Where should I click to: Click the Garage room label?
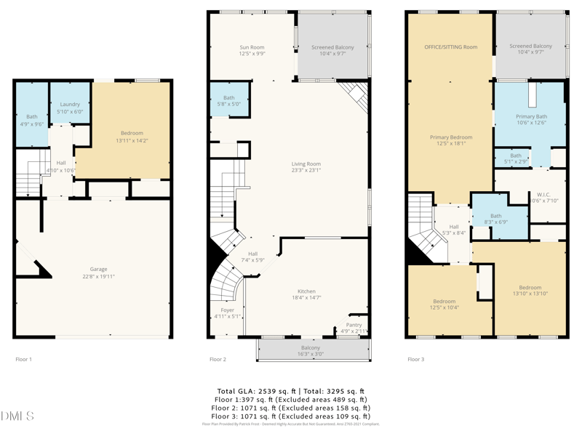[98, 269]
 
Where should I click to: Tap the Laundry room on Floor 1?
[70, 105]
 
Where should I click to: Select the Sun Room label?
[252, 48]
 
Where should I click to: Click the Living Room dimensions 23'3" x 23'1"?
[306, 171]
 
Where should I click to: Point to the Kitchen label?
[306, 291]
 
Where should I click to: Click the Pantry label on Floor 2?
[354, 325]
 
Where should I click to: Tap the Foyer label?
[227, 310]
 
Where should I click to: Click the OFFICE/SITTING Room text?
[451, 47]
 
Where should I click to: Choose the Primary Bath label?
[531, 116]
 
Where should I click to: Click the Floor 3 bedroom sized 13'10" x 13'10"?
[530, 288]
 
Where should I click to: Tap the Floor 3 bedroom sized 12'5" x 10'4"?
[445, 302]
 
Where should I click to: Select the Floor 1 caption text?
[24, 359]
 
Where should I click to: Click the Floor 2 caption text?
[218, 359]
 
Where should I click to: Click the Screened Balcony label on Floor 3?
[530, 47]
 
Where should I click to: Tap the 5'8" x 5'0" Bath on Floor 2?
[229, 98]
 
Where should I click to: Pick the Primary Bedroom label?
[451, 137]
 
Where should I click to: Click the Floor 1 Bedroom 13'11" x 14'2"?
[132, 134]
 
